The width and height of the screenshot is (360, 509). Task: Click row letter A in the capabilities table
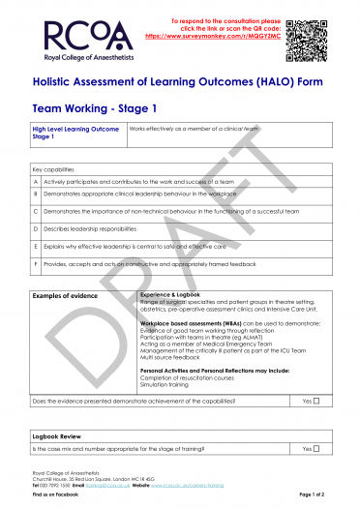[x=36, y=181]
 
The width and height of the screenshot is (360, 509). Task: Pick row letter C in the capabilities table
[x=36, y=209]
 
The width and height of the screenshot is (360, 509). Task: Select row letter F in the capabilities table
[x=36, y=263]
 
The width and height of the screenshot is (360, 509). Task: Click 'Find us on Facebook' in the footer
[x=53, y=494]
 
